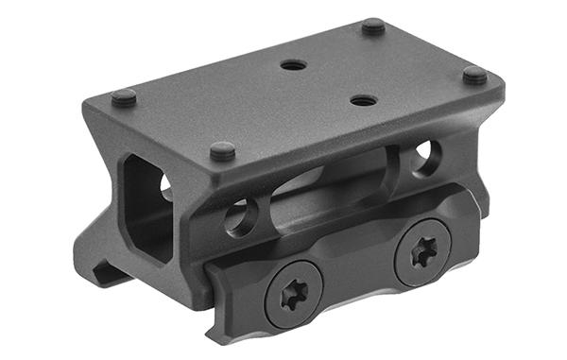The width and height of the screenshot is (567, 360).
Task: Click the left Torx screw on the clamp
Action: point(290,294)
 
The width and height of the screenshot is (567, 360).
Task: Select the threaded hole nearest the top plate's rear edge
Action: point(294,66)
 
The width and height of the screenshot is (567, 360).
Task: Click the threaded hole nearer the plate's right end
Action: point(362,99)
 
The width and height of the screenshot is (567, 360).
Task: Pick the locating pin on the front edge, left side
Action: point(222,149)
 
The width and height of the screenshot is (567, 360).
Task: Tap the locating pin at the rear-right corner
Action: point(373,26)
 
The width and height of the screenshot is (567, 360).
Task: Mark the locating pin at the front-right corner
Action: point(474,74)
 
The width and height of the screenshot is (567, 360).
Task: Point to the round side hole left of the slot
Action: point(238,216)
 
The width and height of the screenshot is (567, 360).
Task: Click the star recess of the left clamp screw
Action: point(290,294)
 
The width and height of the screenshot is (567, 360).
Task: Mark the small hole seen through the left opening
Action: point(166,185)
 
